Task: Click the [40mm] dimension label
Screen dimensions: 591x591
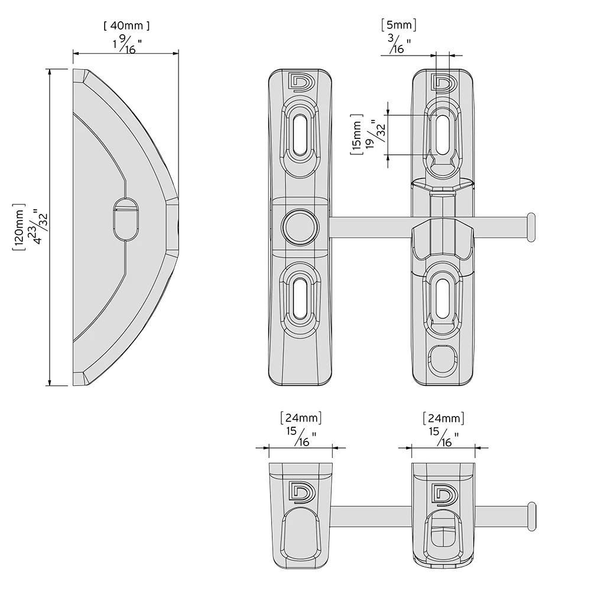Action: point(126,25)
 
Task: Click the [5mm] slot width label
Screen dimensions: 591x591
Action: point(400,25)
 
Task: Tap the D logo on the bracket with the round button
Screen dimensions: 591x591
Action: point(298,82)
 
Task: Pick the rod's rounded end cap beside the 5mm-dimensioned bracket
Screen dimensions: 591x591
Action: point(531,228)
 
